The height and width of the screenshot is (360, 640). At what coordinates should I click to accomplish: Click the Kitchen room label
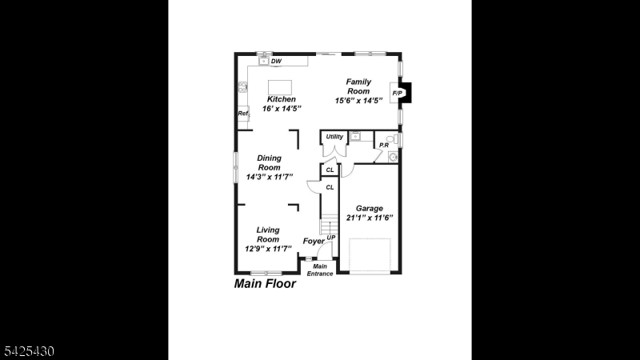282,99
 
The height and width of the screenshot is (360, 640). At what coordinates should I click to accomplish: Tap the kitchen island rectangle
279,87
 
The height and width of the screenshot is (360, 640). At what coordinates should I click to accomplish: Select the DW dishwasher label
276,62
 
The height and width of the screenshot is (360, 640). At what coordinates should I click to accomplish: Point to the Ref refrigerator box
243,114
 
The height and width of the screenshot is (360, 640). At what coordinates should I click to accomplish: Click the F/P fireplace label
397,94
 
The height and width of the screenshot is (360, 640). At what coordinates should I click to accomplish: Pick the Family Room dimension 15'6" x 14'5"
358,101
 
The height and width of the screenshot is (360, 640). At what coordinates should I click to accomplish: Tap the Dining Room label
269,162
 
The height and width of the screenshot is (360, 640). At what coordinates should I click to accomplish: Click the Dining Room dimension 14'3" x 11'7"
270,177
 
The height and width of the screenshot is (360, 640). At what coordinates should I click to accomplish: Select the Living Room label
268,234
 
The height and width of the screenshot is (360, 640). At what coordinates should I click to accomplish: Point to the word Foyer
314,242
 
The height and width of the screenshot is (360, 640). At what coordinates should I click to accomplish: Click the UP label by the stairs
331,238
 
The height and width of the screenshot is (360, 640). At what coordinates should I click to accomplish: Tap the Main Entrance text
320,270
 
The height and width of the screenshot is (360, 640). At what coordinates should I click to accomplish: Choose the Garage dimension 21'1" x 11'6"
370,218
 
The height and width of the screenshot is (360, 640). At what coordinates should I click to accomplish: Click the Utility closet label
334,137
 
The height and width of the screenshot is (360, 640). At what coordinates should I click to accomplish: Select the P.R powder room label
384,145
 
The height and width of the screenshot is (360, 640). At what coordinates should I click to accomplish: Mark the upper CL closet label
330,170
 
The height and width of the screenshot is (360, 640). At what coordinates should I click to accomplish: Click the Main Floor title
265,284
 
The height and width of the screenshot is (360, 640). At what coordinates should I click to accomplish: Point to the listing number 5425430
29,351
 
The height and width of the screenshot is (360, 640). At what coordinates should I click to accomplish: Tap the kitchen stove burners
243,86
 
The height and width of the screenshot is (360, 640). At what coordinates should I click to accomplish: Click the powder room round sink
393,157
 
